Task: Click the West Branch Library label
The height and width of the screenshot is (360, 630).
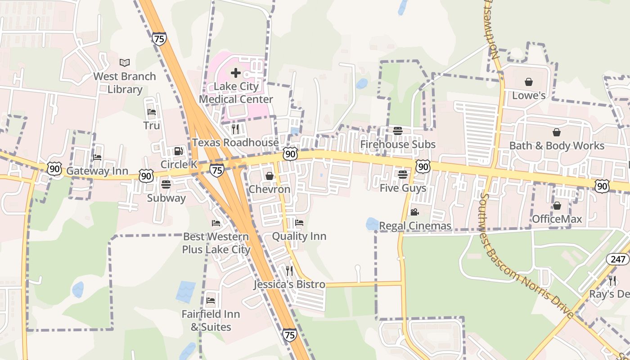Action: click(125, 83)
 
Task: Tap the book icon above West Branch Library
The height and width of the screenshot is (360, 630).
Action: click(125, 63)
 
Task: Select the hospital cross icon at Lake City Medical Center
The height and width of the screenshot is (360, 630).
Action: click(236, 73)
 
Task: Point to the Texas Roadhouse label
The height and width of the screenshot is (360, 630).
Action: click(235, 143)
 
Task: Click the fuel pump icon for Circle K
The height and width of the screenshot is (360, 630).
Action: click(179, 151)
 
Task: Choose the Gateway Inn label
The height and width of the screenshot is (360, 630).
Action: click(97, 171)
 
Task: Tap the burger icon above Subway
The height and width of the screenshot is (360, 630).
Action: click(166, 184)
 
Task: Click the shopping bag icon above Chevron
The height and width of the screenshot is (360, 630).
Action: click(270, 176)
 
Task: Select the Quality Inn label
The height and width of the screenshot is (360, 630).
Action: click(299, 236)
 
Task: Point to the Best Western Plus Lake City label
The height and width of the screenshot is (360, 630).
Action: click(216, 243)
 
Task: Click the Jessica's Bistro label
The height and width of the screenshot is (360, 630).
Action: click(289, 284)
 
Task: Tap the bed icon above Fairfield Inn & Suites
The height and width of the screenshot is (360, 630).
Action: click(211, 300)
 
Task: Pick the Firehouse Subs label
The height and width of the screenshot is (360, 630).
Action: click(398, 144)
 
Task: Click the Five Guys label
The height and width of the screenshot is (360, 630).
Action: click(403, 188)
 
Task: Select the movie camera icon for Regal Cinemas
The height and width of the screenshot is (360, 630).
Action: click(414, 212)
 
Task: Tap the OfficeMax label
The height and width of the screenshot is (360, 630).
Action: click(557, 219)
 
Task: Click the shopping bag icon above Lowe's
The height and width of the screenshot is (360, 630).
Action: click(529, 82)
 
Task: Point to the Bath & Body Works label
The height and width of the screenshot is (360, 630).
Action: click(557, 146)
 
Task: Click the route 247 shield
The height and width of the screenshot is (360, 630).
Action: click(617, 259)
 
